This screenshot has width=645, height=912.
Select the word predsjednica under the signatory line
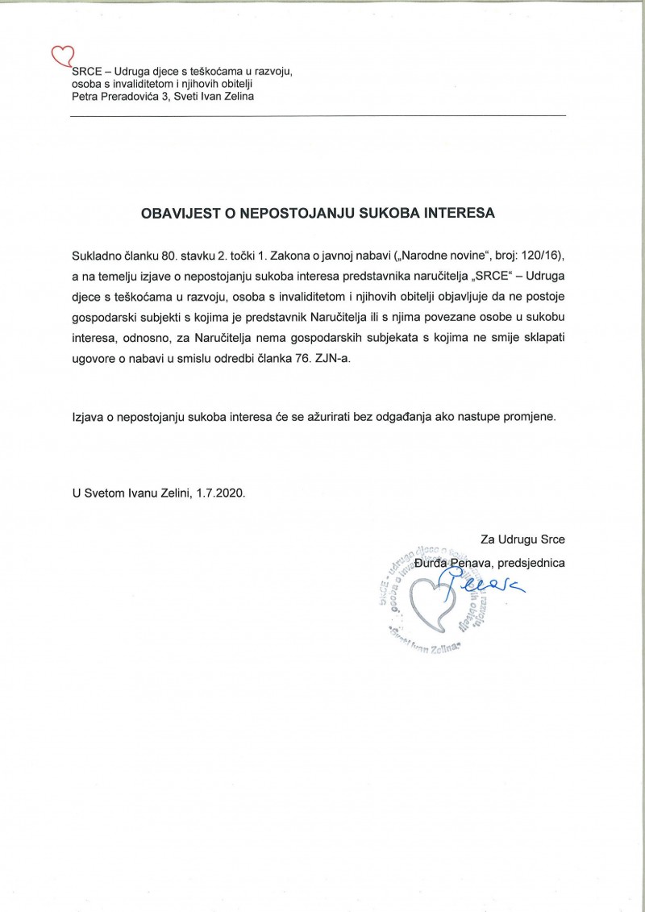[x=533, y=562]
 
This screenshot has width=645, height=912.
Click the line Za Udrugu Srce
[x=522, y=539]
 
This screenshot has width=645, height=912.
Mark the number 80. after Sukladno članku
[x=169, y=256]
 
